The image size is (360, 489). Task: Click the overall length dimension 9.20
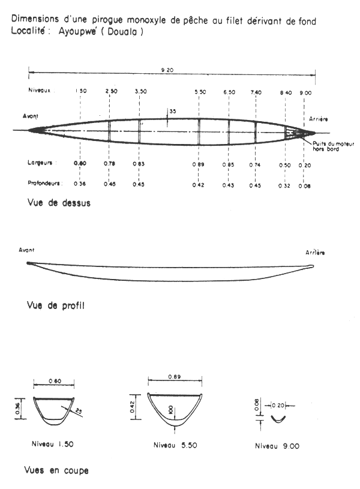click(x=172, y=70)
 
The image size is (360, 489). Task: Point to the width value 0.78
click(x=110, y=164)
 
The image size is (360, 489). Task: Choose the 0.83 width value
click(x=139, y=164)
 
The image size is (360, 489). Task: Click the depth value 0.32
click(x=286, y=185)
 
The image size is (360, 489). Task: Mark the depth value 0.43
click(x=228, y=185)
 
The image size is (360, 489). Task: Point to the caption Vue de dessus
click(x=59, y=203)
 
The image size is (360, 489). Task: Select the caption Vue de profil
click(x=56, y=305)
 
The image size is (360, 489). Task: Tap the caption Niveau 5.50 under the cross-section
click(x=175, y=445)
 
